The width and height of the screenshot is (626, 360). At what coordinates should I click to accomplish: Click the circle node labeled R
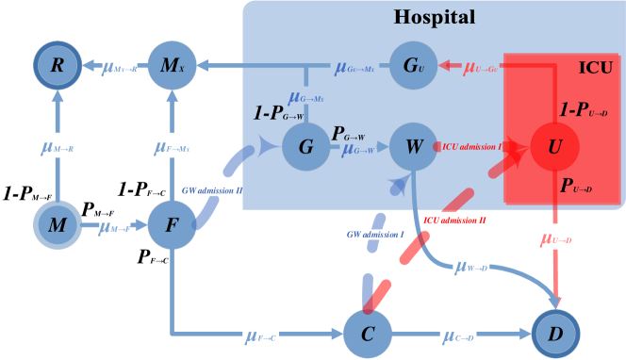(58, 66)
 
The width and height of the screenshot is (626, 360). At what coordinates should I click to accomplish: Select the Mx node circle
(172, 66)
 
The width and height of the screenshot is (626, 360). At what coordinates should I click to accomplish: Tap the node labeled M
(58, 226)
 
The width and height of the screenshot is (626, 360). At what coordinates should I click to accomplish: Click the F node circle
(172, 226)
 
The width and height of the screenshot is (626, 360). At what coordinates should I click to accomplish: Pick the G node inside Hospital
(306, 147)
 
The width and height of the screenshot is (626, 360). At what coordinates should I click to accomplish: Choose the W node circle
(413, 147)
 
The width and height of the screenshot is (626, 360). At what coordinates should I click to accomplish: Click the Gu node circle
(413, 66)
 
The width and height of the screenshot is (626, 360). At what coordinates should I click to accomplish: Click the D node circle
(553, 335)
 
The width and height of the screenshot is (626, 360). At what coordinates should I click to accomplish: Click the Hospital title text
(434, 17)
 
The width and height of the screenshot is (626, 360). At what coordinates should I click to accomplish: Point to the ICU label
(594, 68)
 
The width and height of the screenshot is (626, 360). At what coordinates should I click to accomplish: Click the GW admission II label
(212, 190)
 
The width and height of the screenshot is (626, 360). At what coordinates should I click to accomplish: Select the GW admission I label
(374, 233)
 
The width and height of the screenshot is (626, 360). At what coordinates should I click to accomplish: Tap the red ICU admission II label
(455, 220)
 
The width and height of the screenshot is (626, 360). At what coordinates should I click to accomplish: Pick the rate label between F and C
(260, 335)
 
